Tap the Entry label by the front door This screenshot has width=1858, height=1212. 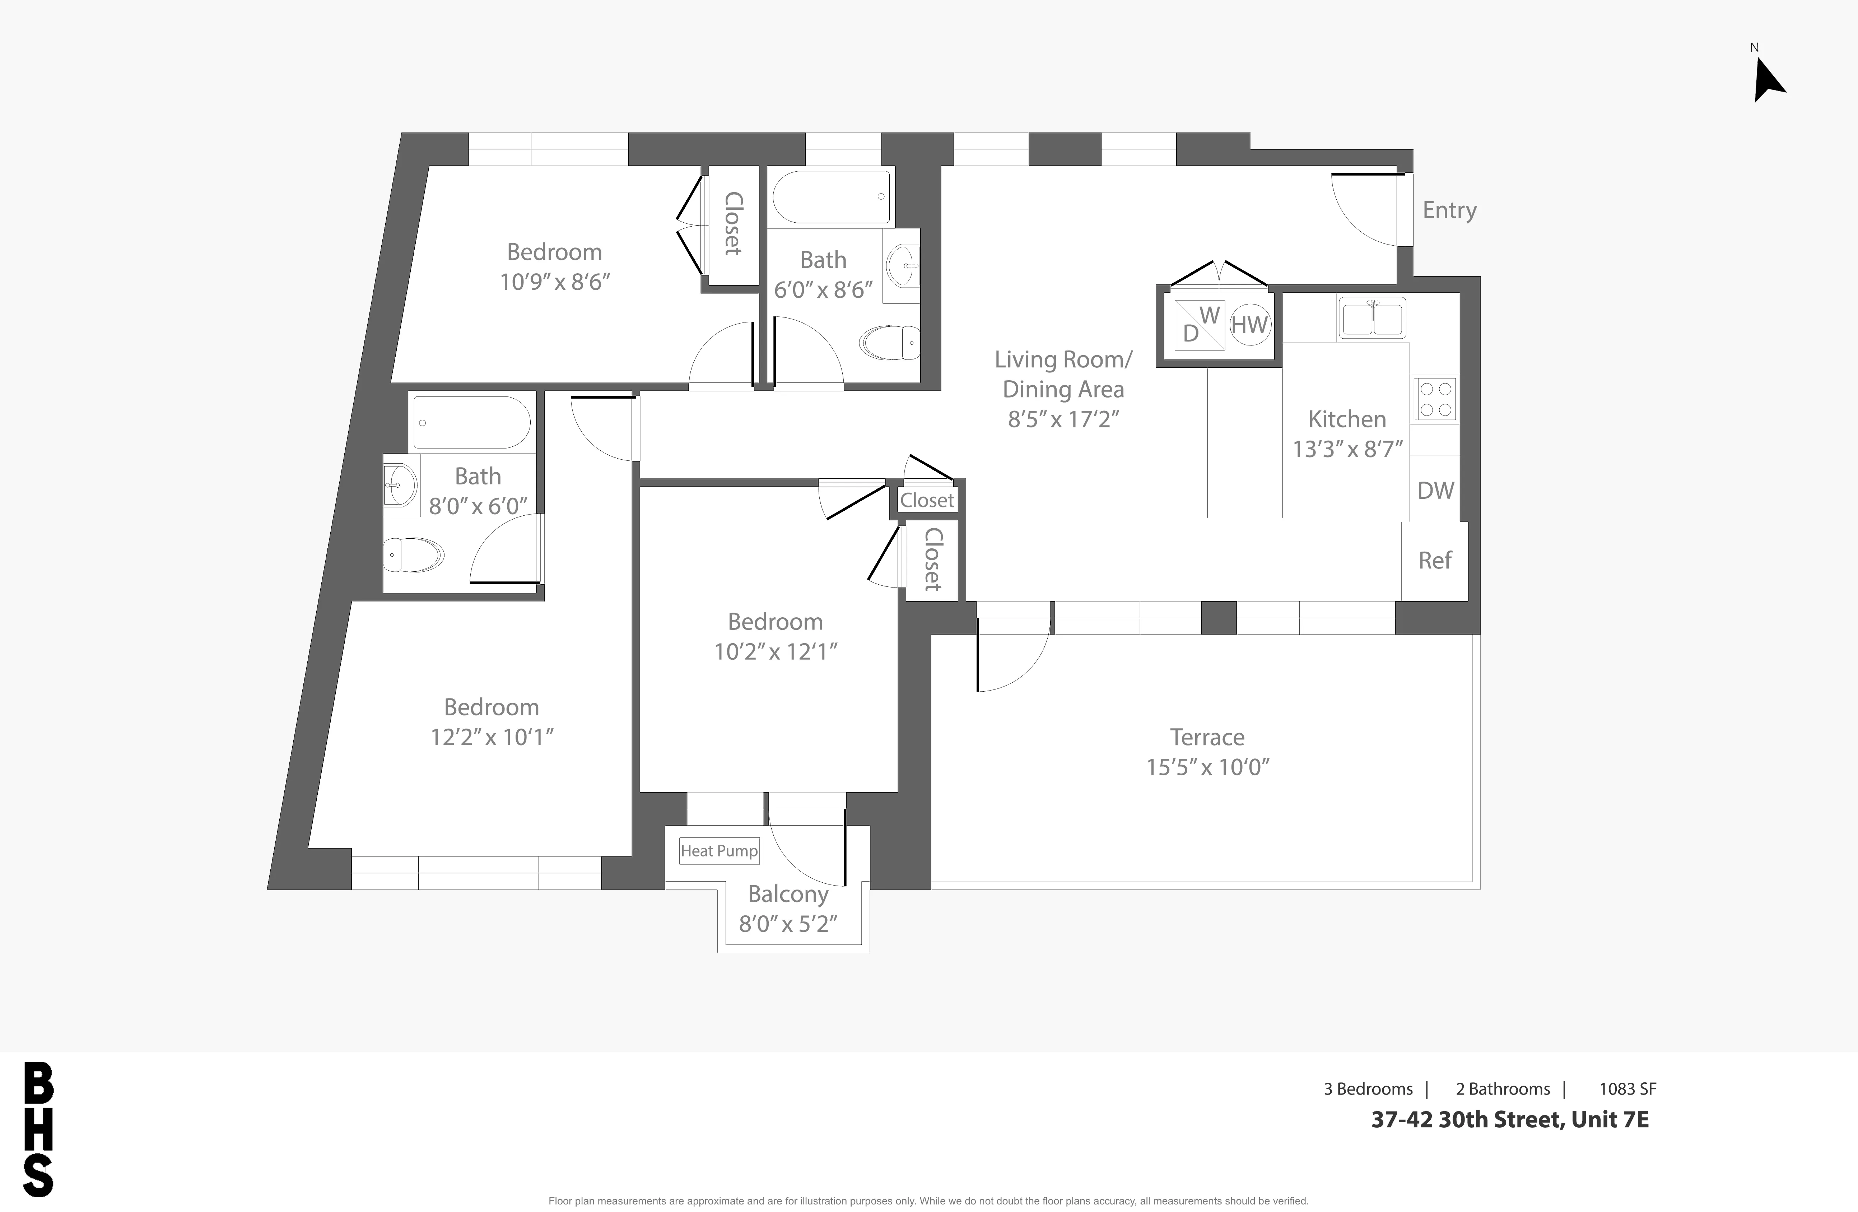1449,210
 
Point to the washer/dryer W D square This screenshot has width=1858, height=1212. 1199,325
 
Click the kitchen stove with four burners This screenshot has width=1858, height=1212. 1435,399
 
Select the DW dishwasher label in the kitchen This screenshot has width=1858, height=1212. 1435,491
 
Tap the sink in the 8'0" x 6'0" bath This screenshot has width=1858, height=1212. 400,486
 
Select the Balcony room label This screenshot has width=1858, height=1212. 788,894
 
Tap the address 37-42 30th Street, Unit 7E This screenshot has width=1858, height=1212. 1510,1120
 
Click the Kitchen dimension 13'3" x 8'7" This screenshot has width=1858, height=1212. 1347,449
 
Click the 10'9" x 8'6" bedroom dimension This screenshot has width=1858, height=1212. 554,282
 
